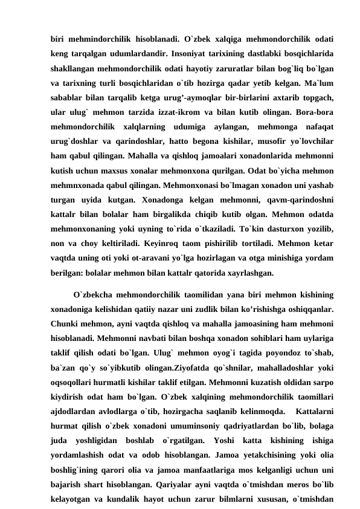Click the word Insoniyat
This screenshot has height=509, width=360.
[x=194, y=53]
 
